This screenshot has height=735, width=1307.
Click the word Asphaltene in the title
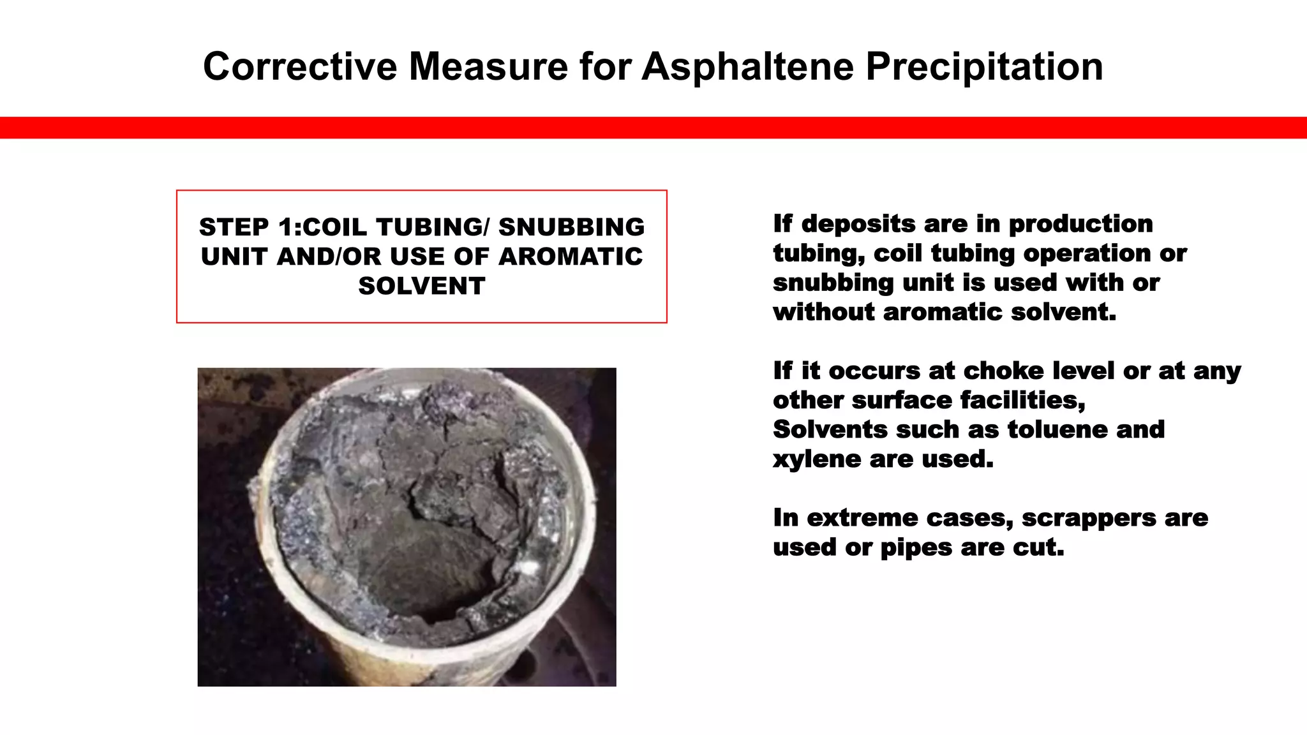tap(747, 66)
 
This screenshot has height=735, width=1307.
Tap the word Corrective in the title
tap(299, 66)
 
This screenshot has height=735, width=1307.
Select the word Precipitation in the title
tap(984, 66)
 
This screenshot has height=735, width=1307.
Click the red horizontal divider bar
tap(653, 128)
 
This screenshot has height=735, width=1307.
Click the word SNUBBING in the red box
tap(571, 227)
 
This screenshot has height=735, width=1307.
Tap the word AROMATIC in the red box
tap(571, 256)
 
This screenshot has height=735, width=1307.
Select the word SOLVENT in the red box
tap(422, 286)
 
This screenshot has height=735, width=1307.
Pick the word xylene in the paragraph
tap(808, 459)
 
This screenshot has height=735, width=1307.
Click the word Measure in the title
tap(488, 66)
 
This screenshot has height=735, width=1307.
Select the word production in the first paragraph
tap(1080, 224)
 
